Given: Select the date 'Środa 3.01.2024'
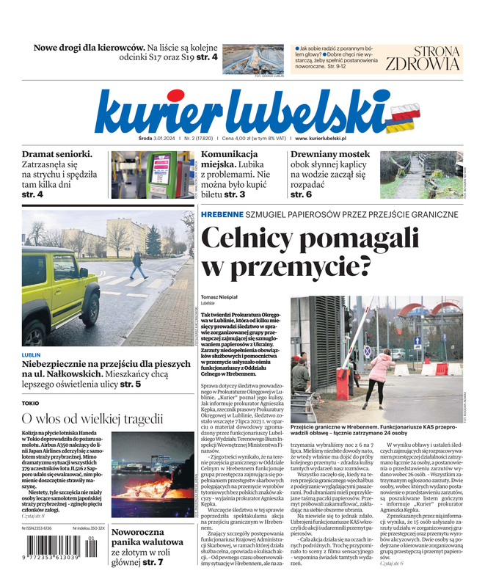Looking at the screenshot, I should pos(120,137).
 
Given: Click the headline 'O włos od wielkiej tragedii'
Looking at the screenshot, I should pos(92,419).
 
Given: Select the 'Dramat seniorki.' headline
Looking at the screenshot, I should pos(56,154).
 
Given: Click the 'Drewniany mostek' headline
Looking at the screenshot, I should pos(329,154).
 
